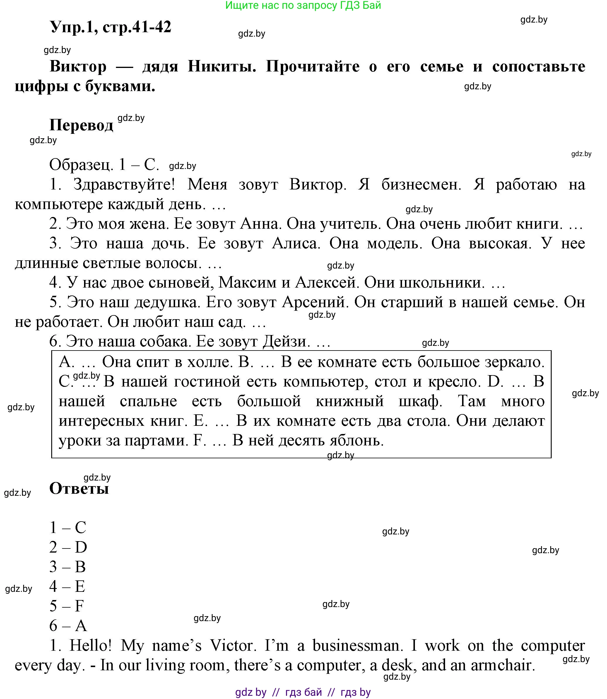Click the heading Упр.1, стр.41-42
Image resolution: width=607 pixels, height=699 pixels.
[110, 27]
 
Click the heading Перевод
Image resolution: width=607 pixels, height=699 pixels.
[81, 125]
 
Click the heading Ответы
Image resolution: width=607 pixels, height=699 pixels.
[79, 488]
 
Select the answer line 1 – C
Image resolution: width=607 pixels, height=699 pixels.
[68, 527]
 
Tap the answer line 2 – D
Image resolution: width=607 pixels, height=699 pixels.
[68, 547]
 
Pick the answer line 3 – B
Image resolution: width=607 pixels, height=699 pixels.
[68, 567]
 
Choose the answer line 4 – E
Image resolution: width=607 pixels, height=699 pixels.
[67, 586]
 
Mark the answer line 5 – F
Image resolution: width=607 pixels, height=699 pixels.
[67, 606]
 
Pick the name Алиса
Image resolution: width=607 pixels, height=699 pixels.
[296, 243]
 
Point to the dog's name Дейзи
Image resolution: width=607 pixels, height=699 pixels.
[287, 341]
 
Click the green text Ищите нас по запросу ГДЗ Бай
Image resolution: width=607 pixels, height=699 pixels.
[303, 5]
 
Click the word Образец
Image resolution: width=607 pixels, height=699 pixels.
[81, 165]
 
